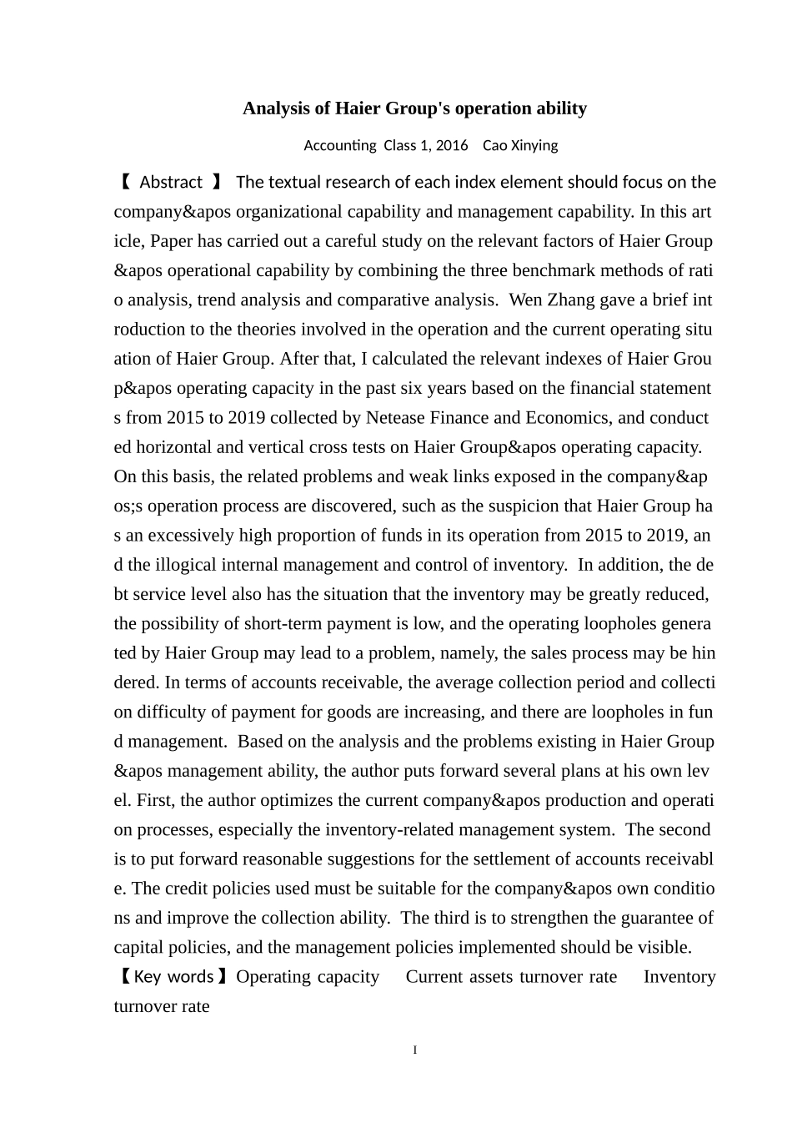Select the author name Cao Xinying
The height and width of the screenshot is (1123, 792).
[520, 145]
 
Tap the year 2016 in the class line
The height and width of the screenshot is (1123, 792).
[452, 145]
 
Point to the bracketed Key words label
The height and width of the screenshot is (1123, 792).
[173, 976]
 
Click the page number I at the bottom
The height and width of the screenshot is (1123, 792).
[415, 1050]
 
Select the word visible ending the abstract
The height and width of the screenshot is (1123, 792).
[664, 947]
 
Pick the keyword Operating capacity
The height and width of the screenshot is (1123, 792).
[308, 977]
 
